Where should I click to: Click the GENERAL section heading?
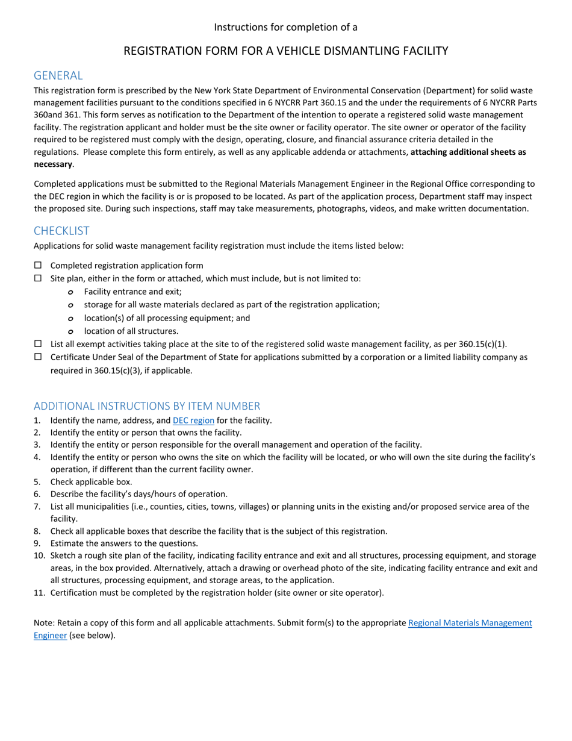pos(58,75)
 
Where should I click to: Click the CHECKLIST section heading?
pos(61,231)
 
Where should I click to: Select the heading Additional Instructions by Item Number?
pos(147,405)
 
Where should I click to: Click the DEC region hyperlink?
pos(193,421)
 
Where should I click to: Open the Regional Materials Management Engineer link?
pos(470,623)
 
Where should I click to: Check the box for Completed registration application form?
pos(39,265)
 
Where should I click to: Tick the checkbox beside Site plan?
pos(39,278)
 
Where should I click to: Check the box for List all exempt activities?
pos(39,344)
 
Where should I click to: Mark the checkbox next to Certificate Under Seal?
pos(39,357)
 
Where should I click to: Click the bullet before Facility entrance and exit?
pos(70,292)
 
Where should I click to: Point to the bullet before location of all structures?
pos(70,331)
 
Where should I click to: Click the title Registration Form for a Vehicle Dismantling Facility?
pos(285,51)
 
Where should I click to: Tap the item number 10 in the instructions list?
pos(39,555)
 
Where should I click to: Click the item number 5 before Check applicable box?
pos(37,482)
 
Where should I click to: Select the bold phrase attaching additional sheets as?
pos(468,152)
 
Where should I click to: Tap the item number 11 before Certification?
pos(39,593)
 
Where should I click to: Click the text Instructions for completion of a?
pos(285,27)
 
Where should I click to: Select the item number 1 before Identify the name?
pos(37,421)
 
